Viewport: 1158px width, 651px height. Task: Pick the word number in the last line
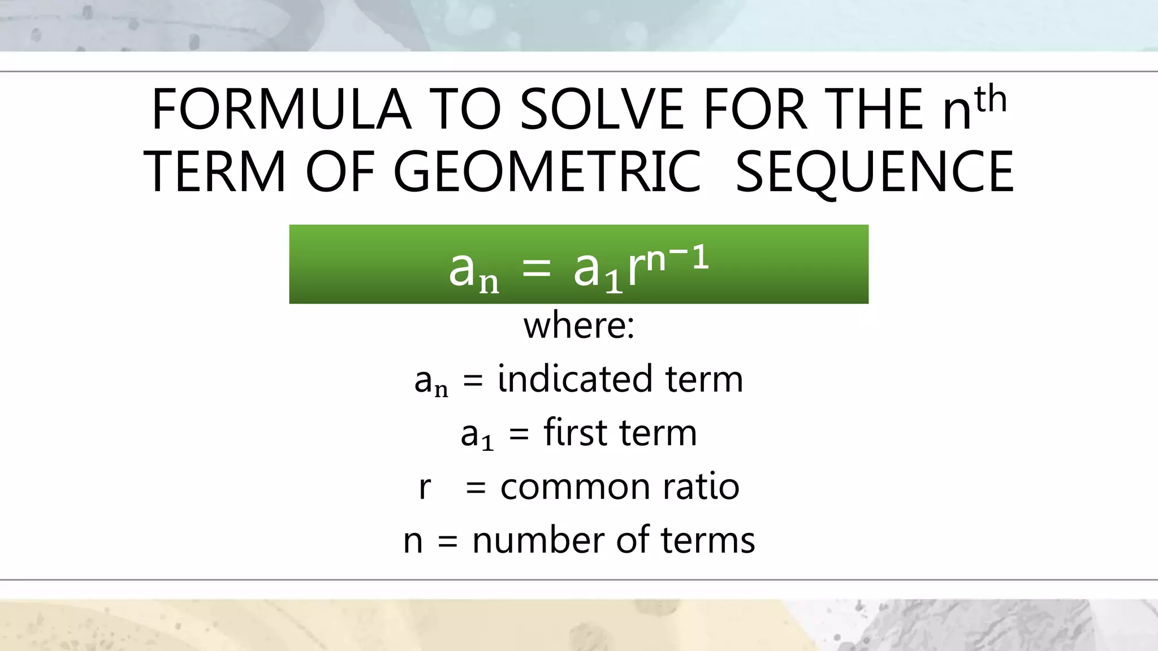click(x=538, y=540)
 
